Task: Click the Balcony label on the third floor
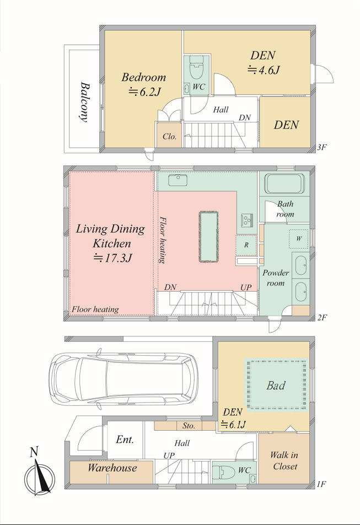tap(85, 102)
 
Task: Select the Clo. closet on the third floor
tap(170, 135)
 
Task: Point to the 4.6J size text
tap(264, 69)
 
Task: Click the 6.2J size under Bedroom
tap(145, 92)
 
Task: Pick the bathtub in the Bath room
tap(284, 184)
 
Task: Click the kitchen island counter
tap(208, 237)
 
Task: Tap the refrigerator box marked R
tap(246, 245)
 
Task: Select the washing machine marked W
tap(298, 238)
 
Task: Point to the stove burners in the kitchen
tap(247, 219)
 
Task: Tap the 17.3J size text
tap(113, 258)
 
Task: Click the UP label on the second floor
tap(246, 287)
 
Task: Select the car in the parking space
tap(123, 379)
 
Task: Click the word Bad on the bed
tap(276, 385)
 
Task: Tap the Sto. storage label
tap(189, 426)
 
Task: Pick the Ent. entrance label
tap(125, 440)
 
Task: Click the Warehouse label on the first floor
tap(112, 468)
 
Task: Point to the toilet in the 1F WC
tap(222, 472)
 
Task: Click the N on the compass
tap(34, 452)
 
